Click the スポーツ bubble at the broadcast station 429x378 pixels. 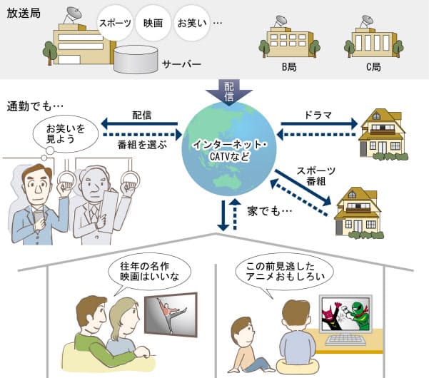point(116,23)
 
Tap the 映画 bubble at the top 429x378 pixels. point(153,23)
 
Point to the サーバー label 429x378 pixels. point(181,63)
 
